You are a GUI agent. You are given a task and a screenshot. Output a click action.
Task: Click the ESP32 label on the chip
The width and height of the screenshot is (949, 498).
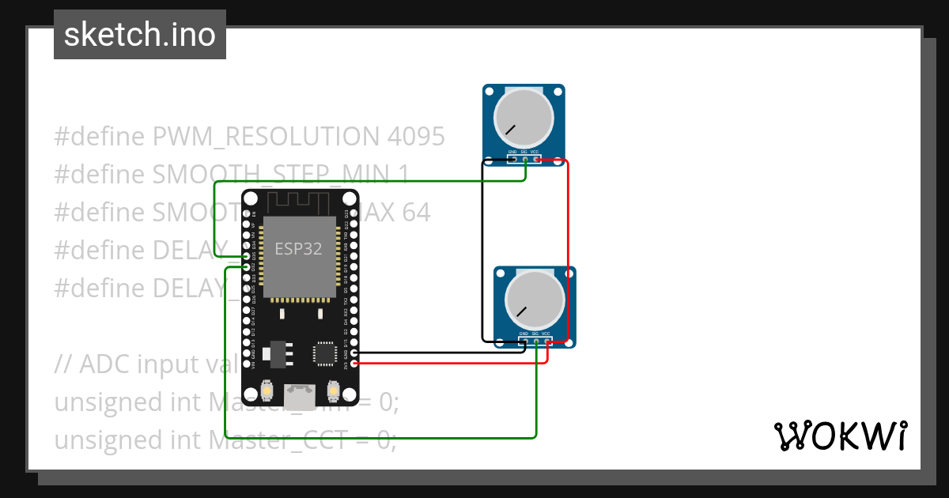click(298, 248)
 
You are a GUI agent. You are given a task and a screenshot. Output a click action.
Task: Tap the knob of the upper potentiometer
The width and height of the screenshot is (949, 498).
click(524, 117)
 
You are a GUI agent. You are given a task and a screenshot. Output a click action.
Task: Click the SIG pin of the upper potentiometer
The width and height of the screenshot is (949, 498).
click(524, 160)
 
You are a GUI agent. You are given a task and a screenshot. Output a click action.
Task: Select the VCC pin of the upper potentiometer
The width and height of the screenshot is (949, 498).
click(536, 160)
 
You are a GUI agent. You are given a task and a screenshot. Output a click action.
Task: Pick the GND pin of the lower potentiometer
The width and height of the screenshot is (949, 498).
click(524, 341)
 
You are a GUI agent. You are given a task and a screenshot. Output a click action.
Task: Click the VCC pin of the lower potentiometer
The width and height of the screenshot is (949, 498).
click(547, 341)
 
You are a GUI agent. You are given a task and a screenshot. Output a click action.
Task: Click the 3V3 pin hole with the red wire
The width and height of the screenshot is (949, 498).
click(354, 364)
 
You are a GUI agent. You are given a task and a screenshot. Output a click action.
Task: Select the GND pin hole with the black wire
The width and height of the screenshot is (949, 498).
click(354, 353)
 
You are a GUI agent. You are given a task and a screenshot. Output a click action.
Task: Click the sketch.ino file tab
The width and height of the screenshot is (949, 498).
click(140, 35)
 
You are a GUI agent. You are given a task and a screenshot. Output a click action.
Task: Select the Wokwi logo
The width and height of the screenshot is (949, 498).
click(840, 436)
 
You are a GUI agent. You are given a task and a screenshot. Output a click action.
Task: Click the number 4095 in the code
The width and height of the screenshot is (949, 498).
click(416, 137)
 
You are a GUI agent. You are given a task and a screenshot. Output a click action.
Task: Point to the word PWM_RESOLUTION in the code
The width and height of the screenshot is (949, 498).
click(265, 137)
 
